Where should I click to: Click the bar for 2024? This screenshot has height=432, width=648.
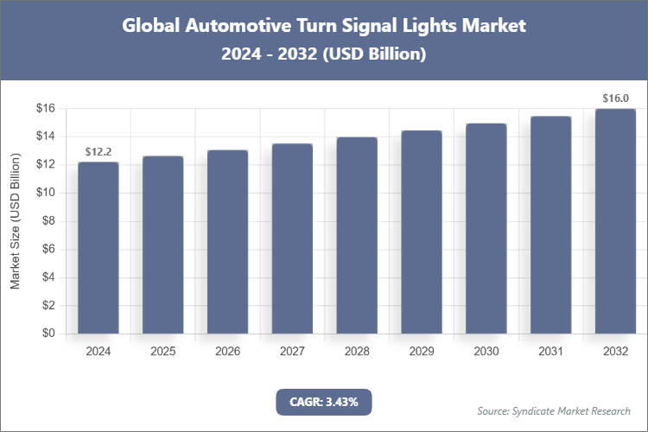tap(98, 248)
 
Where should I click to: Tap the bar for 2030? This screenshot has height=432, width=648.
tap(486, 229)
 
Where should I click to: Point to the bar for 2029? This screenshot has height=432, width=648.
tap(422, 232)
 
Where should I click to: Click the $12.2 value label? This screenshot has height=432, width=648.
tap(98, 152)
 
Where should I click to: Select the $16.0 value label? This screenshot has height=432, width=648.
tap(615, 98)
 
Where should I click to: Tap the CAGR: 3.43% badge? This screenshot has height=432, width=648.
tap(323, 401)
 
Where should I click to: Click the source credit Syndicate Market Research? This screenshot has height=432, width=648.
tap(554, 410)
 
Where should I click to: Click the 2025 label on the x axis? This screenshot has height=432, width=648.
tap(163, 352)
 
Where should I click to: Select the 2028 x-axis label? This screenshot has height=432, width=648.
tap(357, 352)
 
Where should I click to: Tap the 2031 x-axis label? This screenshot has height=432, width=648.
tap(550, 352)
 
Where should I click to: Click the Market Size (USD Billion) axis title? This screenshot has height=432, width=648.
tap(15, 221)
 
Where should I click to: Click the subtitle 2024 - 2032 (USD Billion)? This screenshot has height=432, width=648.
tap(323, 54)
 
